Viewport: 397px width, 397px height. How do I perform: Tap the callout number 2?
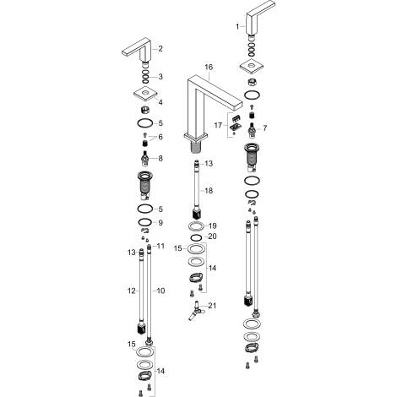161,48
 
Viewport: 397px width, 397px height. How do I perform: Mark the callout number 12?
129,290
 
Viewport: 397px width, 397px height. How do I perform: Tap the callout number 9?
161,222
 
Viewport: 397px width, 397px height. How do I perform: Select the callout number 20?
212,237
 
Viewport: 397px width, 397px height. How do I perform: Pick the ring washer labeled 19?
196,226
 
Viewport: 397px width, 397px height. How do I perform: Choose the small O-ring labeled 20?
195,237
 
